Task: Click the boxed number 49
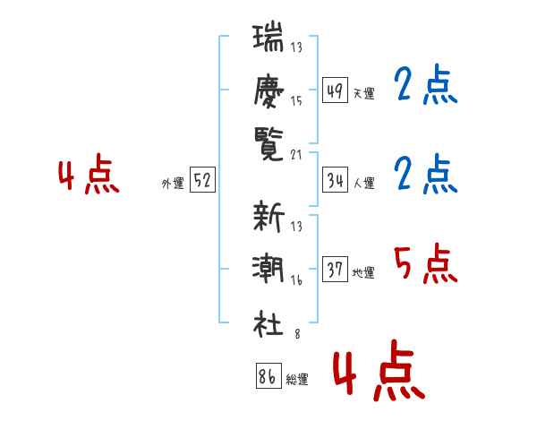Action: pos(335,90)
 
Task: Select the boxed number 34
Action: pos(335,180)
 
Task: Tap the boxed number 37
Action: pos(335,270)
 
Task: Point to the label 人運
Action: pos(363,183)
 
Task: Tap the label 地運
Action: pos(363,272)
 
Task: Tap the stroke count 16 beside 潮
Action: pos(296,280)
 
